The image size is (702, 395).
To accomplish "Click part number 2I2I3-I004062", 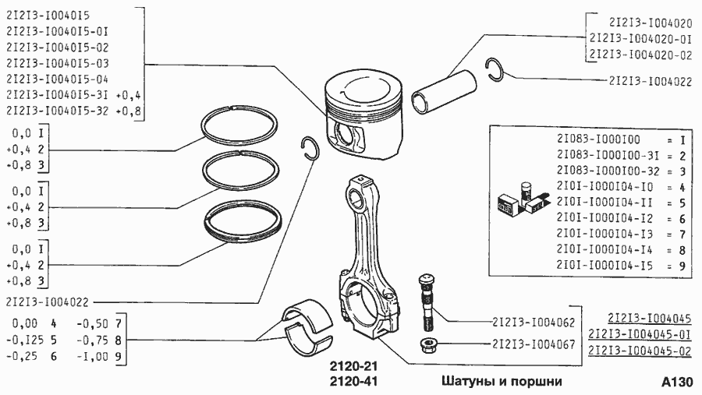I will point(534,321).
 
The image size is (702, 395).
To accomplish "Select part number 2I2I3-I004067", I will point(534,344).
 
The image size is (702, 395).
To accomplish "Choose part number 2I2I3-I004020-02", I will point(641,55).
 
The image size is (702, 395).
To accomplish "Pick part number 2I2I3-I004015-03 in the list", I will point(57,62).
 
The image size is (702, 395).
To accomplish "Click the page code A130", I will point(675,382).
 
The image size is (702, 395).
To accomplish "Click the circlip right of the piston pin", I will point(495,69).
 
